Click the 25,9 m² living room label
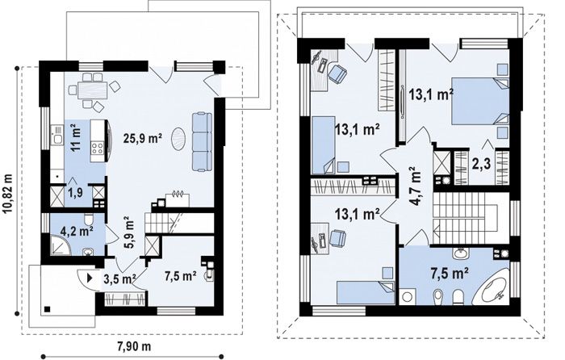pyautogui.click(x=143, y=138)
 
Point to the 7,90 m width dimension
pyautogui.click(x=134, y=346)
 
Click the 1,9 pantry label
pyautogui.click(x=75, y=193)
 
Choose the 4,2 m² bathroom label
pyautogui.click(x=77, y=231)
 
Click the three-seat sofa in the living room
pyautogui.click(x=202, y=141)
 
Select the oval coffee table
pyautogui.click(x=178, y=139)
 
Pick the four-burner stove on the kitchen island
pyautogui.click(x=98, y=147)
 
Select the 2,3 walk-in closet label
pyautogui.click(x=481, y=164)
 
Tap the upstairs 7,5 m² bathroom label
pyautogui.click(x=450, y=274)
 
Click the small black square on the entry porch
pyautogui.click(x=47, y=309)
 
